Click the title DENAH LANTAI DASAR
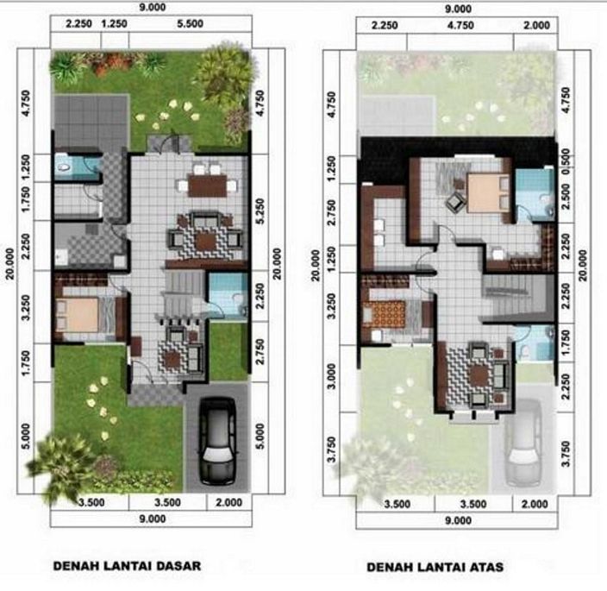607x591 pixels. tap(127, 567)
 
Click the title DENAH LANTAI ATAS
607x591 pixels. tap(435, 568)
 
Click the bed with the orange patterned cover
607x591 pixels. tap(392, 308)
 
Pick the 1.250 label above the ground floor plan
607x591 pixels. tap(114, 26)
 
